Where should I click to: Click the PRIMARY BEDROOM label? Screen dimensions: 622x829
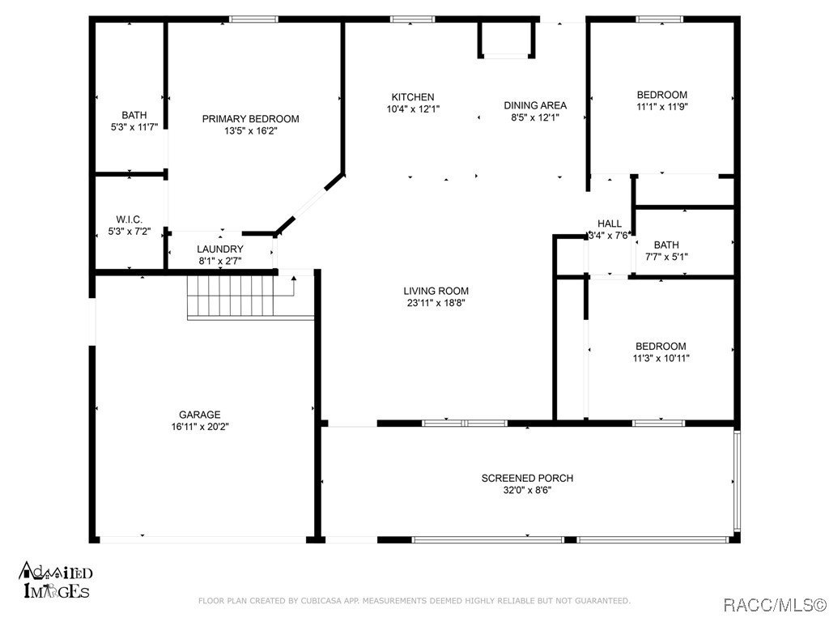pos(250,119)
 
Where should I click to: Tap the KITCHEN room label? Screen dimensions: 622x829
pos(413,97)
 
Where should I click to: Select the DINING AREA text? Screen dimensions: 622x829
pos(535,105)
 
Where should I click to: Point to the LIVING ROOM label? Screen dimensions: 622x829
pos(436,292)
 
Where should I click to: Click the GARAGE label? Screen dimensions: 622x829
pos(200,415)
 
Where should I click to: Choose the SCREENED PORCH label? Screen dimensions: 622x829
pos(527,478)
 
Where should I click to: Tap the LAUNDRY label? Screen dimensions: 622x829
pos(220,249)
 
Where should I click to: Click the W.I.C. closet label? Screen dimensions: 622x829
pos(130,219)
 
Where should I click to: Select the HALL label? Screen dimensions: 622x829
pos(610,224)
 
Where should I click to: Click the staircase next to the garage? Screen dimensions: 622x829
pos(240,296)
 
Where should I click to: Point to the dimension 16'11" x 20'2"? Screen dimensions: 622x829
pos(200,426)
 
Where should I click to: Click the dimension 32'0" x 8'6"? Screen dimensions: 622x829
pos(527,489)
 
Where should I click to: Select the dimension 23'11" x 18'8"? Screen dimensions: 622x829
pos(436,303)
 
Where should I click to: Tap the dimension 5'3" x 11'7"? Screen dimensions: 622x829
pos(134,126)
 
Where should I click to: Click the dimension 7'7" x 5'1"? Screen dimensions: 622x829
pos(666,257)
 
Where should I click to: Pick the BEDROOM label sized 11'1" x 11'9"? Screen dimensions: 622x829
pos(661,95)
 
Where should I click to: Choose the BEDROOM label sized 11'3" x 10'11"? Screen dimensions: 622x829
pos(661,346)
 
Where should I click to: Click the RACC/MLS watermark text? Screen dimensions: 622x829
pos(774,604)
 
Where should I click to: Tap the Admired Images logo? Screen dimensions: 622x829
pos(55,581)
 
